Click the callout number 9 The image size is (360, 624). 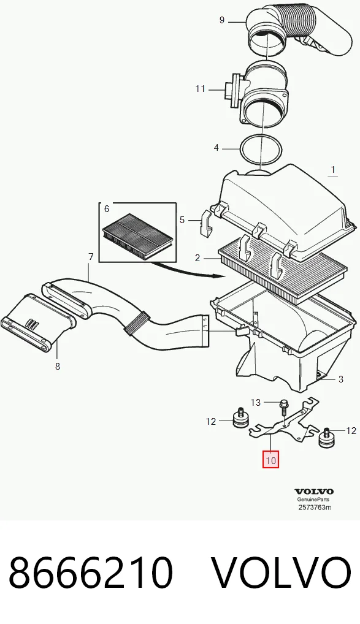pos(222,20)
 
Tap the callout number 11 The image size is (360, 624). pos(200,89)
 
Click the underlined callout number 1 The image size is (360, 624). pos(333,170)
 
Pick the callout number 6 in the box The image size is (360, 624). pos(107,208)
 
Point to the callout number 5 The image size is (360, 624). pos(182,219)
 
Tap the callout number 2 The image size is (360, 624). pos(197,258)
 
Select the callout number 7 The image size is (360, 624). pos(91,257)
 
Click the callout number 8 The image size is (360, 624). pos(58,366)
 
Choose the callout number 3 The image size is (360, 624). pos(340,379)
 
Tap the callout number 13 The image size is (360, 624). pos(256,402)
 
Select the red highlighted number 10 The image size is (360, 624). pos(270,460)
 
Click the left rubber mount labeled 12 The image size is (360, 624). pos(240,418)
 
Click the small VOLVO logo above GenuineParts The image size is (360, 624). pos(314,492)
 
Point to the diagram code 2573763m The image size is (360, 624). pos(315,507)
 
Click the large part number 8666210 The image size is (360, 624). pos(91,573)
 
